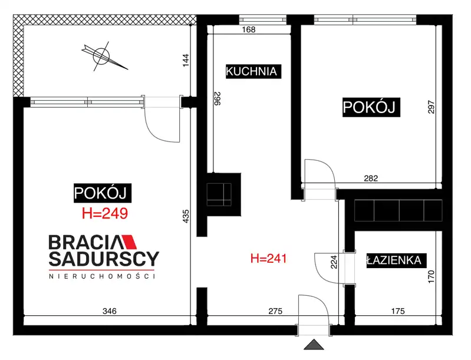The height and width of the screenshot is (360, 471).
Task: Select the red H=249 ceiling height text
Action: (x=105, y=213)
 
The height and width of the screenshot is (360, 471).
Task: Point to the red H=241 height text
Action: (x=269, y=258)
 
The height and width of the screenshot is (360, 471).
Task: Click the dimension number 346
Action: (x=109, y=311)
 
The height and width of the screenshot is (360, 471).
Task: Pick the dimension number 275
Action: (x=275, y=311)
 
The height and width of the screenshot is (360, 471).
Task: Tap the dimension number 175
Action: (x=398, y=311)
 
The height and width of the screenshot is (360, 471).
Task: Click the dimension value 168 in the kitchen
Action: (x=249, y=29)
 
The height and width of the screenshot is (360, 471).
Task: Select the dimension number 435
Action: (x=186, y=216)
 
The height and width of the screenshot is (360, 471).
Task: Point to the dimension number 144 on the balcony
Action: (x=186, y=60)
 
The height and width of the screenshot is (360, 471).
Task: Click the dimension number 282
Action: (x=371, y=179)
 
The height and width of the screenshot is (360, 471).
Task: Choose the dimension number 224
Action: (x=334, y=262)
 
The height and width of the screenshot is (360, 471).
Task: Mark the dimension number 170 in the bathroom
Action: (x=431, y=276)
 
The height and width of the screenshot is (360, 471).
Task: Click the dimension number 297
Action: (x=431, y=107)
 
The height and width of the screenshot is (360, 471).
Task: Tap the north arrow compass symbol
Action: (x=103, y=56)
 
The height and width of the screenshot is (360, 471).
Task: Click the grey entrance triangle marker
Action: (x=314, y=345)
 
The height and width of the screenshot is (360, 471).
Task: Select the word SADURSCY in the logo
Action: (x=104, y=259)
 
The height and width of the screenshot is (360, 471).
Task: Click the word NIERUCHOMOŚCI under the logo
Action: (x=102, y=276)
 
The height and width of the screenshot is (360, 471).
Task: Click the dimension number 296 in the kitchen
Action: (x=218, y=98)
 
